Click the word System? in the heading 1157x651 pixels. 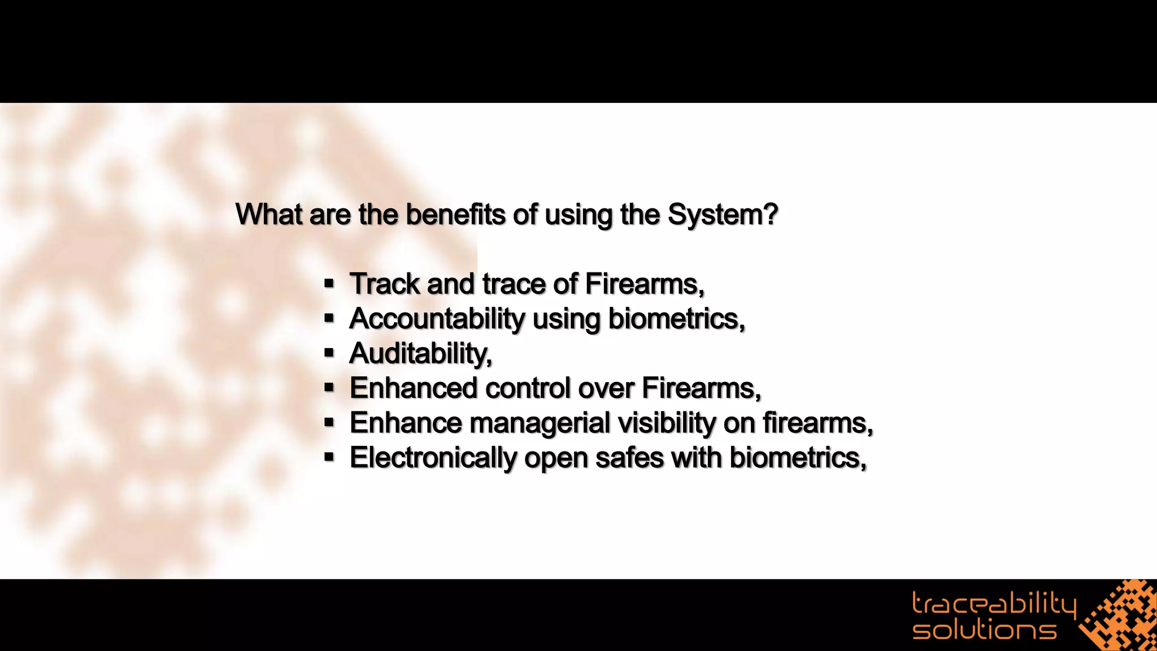pyautogui.click(x=723, y=215)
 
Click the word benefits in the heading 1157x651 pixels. pyautogui.click(x=455, y=215)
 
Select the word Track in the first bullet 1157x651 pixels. pyautogui.click(x=384, y=284)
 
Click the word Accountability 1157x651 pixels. pyautogui.click(x=437, y=319)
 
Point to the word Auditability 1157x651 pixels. pyautogui.click(x=420, y=354)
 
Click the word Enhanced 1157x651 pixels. pyautogui.click(x=414, y=388)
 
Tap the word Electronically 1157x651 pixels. pyautogui.click(x=432, y=458)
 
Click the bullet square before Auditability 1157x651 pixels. pyautogui.click(x=329, y=353)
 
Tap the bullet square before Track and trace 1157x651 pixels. pyautogui.click(x=329, y=284)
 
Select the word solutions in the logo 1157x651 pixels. pyautogui.click(x=984, y=630)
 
